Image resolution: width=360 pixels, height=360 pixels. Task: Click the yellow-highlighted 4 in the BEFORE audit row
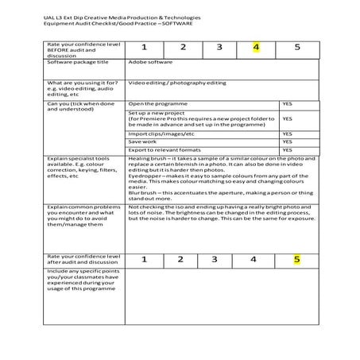257,47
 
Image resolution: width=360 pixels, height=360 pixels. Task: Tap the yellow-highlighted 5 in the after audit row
296,258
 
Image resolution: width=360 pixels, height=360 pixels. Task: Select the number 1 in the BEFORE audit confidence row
145,47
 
